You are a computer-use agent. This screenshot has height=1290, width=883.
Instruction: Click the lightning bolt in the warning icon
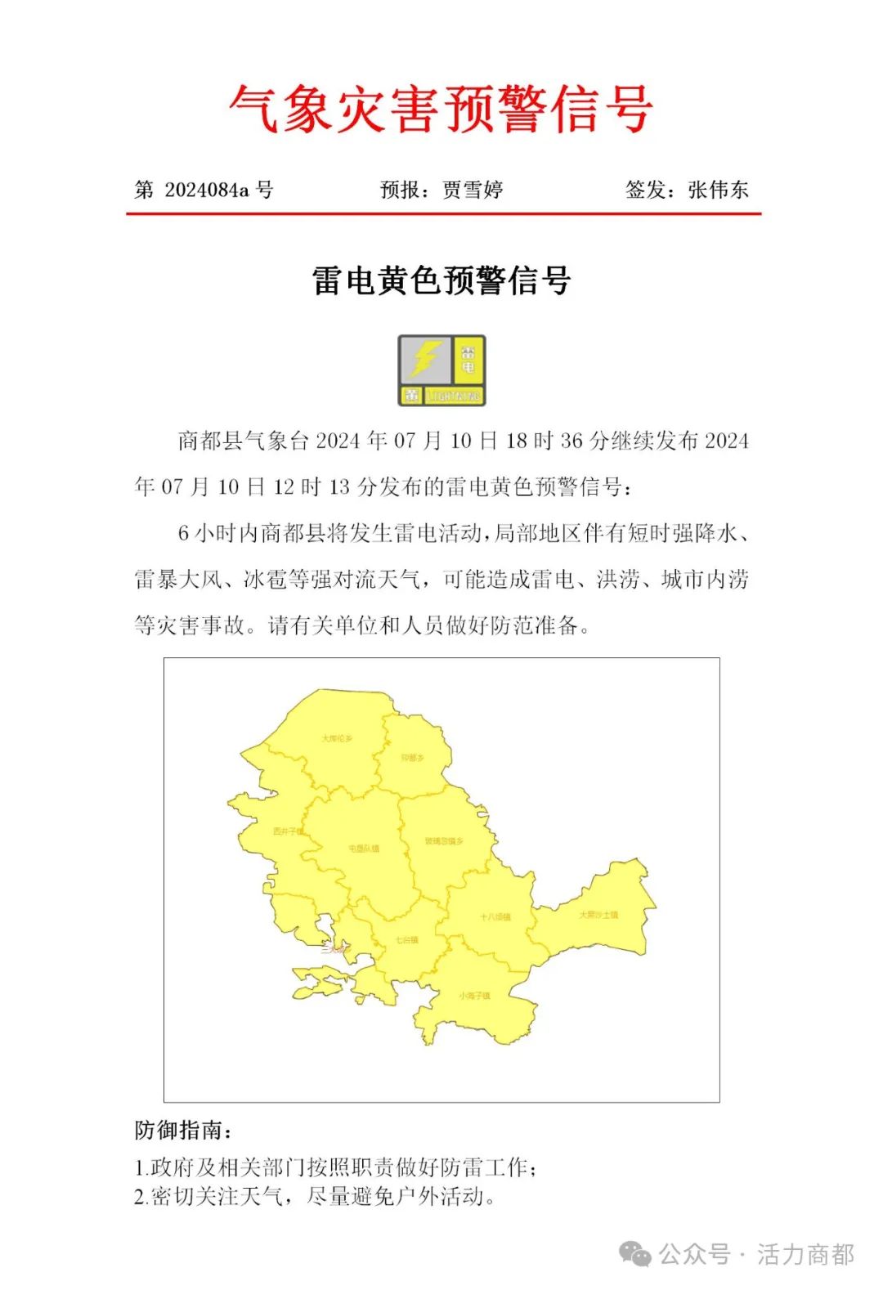(425, 358)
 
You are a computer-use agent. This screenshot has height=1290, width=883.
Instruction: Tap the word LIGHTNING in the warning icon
(453, 396)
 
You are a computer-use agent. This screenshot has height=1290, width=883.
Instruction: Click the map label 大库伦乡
(337, 739)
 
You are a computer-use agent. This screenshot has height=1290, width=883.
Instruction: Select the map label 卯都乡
(413, 759)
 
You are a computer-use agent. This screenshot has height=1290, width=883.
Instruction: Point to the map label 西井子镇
(288, 831)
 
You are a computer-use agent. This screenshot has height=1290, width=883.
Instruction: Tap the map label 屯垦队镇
(364, 849)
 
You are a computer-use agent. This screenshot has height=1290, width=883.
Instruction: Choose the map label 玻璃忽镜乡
(444, 841)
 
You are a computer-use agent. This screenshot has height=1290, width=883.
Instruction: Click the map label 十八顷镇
(495, 917)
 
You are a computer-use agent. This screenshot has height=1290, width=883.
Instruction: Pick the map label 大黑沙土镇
(598, 915)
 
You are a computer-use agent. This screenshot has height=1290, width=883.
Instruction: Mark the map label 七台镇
(406, 940)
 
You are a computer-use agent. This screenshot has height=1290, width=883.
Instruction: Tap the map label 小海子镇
(474, 996)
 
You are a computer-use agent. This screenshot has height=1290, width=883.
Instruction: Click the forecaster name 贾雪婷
(473, 190)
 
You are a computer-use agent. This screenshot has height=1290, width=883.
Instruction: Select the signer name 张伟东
(718, 190)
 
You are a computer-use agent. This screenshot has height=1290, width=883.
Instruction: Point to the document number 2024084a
(207, 190)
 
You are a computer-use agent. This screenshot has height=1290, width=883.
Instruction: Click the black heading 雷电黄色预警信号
(441, 281)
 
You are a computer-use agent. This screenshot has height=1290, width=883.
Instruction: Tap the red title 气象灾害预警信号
(441, 110)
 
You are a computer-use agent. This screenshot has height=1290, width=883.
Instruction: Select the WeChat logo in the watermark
(635, 1254)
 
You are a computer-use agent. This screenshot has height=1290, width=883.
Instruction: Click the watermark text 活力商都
(805, 1254)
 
